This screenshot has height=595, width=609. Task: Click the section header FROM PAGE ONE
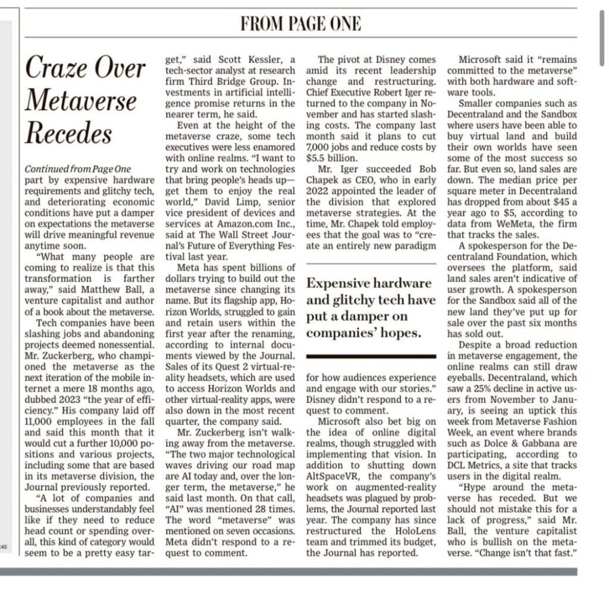300,23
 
